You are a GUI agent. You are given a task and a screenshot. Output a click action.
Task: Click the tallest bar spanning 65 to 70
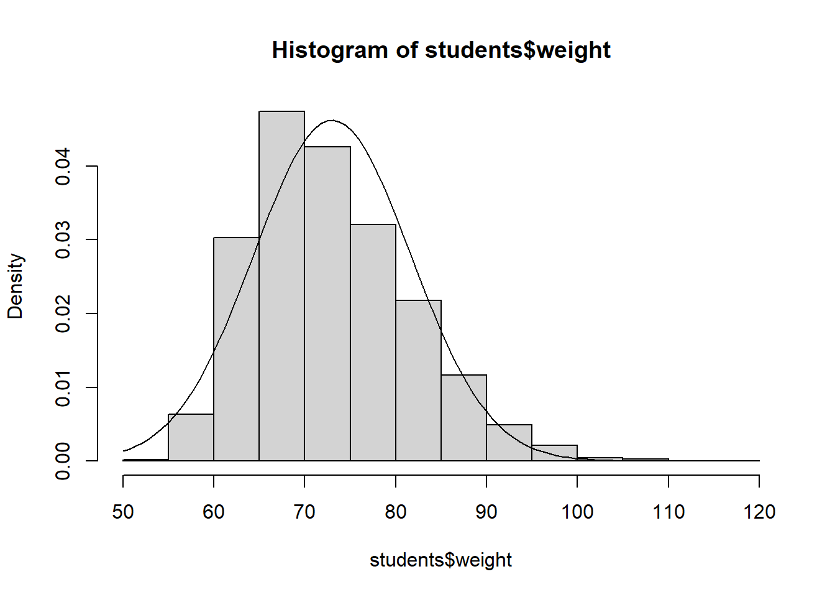281,286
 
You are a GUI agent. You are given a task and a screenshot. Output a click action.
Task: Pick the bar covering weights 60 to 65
236,349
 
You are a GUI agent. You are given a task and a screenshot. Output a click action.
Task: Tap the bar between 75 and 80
373,343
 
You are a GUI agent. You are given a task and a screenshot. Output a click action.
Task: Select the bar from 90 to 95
509,443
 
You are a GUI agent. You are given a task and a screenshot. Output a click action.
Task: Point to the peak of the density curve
331,121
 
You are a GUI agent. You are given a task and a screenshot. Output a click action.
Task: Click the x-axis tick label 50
123,512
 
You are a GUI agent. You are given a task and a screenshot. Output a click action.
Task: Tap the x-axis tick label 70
304,512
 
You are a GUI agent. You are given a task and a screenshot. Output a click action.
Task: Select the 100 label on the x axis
577,512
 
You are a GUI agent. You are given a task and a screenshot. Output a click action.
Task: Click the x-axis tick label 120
759,512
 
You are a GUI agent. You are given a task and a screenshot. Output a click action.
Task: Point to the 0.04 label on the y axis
63,167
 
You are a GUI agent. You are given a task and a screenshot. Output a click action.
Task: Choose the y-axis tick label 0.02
63,313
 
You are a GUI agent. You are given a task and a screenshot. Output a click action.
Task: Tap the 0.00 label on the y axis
63,461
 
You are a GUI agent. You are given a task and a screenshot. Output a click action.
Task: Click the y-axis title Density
16,286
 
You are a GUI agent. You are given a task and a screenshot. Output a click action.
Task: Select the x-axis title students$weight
440,560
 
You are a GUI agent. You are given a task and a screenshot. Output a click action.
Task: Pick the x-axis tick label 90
486,512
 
